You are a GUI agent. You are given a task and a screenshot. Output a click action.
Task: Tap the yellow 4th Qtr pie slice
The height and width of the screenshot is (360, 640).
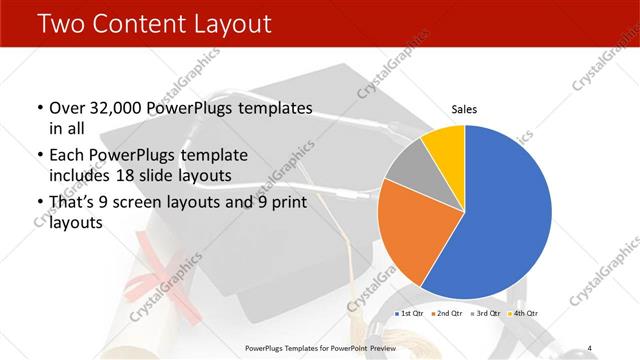pos(444,146)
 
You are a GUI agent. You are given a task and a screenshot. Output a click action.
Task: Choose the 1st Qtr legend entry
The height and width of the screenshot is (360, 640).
pos(411,314)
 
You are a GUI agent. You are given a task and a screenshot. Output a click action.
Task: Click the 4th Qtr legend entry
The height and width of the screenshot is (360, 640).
pos(522,314)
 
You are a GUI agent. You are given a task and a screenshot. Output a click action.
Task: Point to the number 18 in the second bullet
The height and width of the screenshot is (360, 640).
pos(163,176)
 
